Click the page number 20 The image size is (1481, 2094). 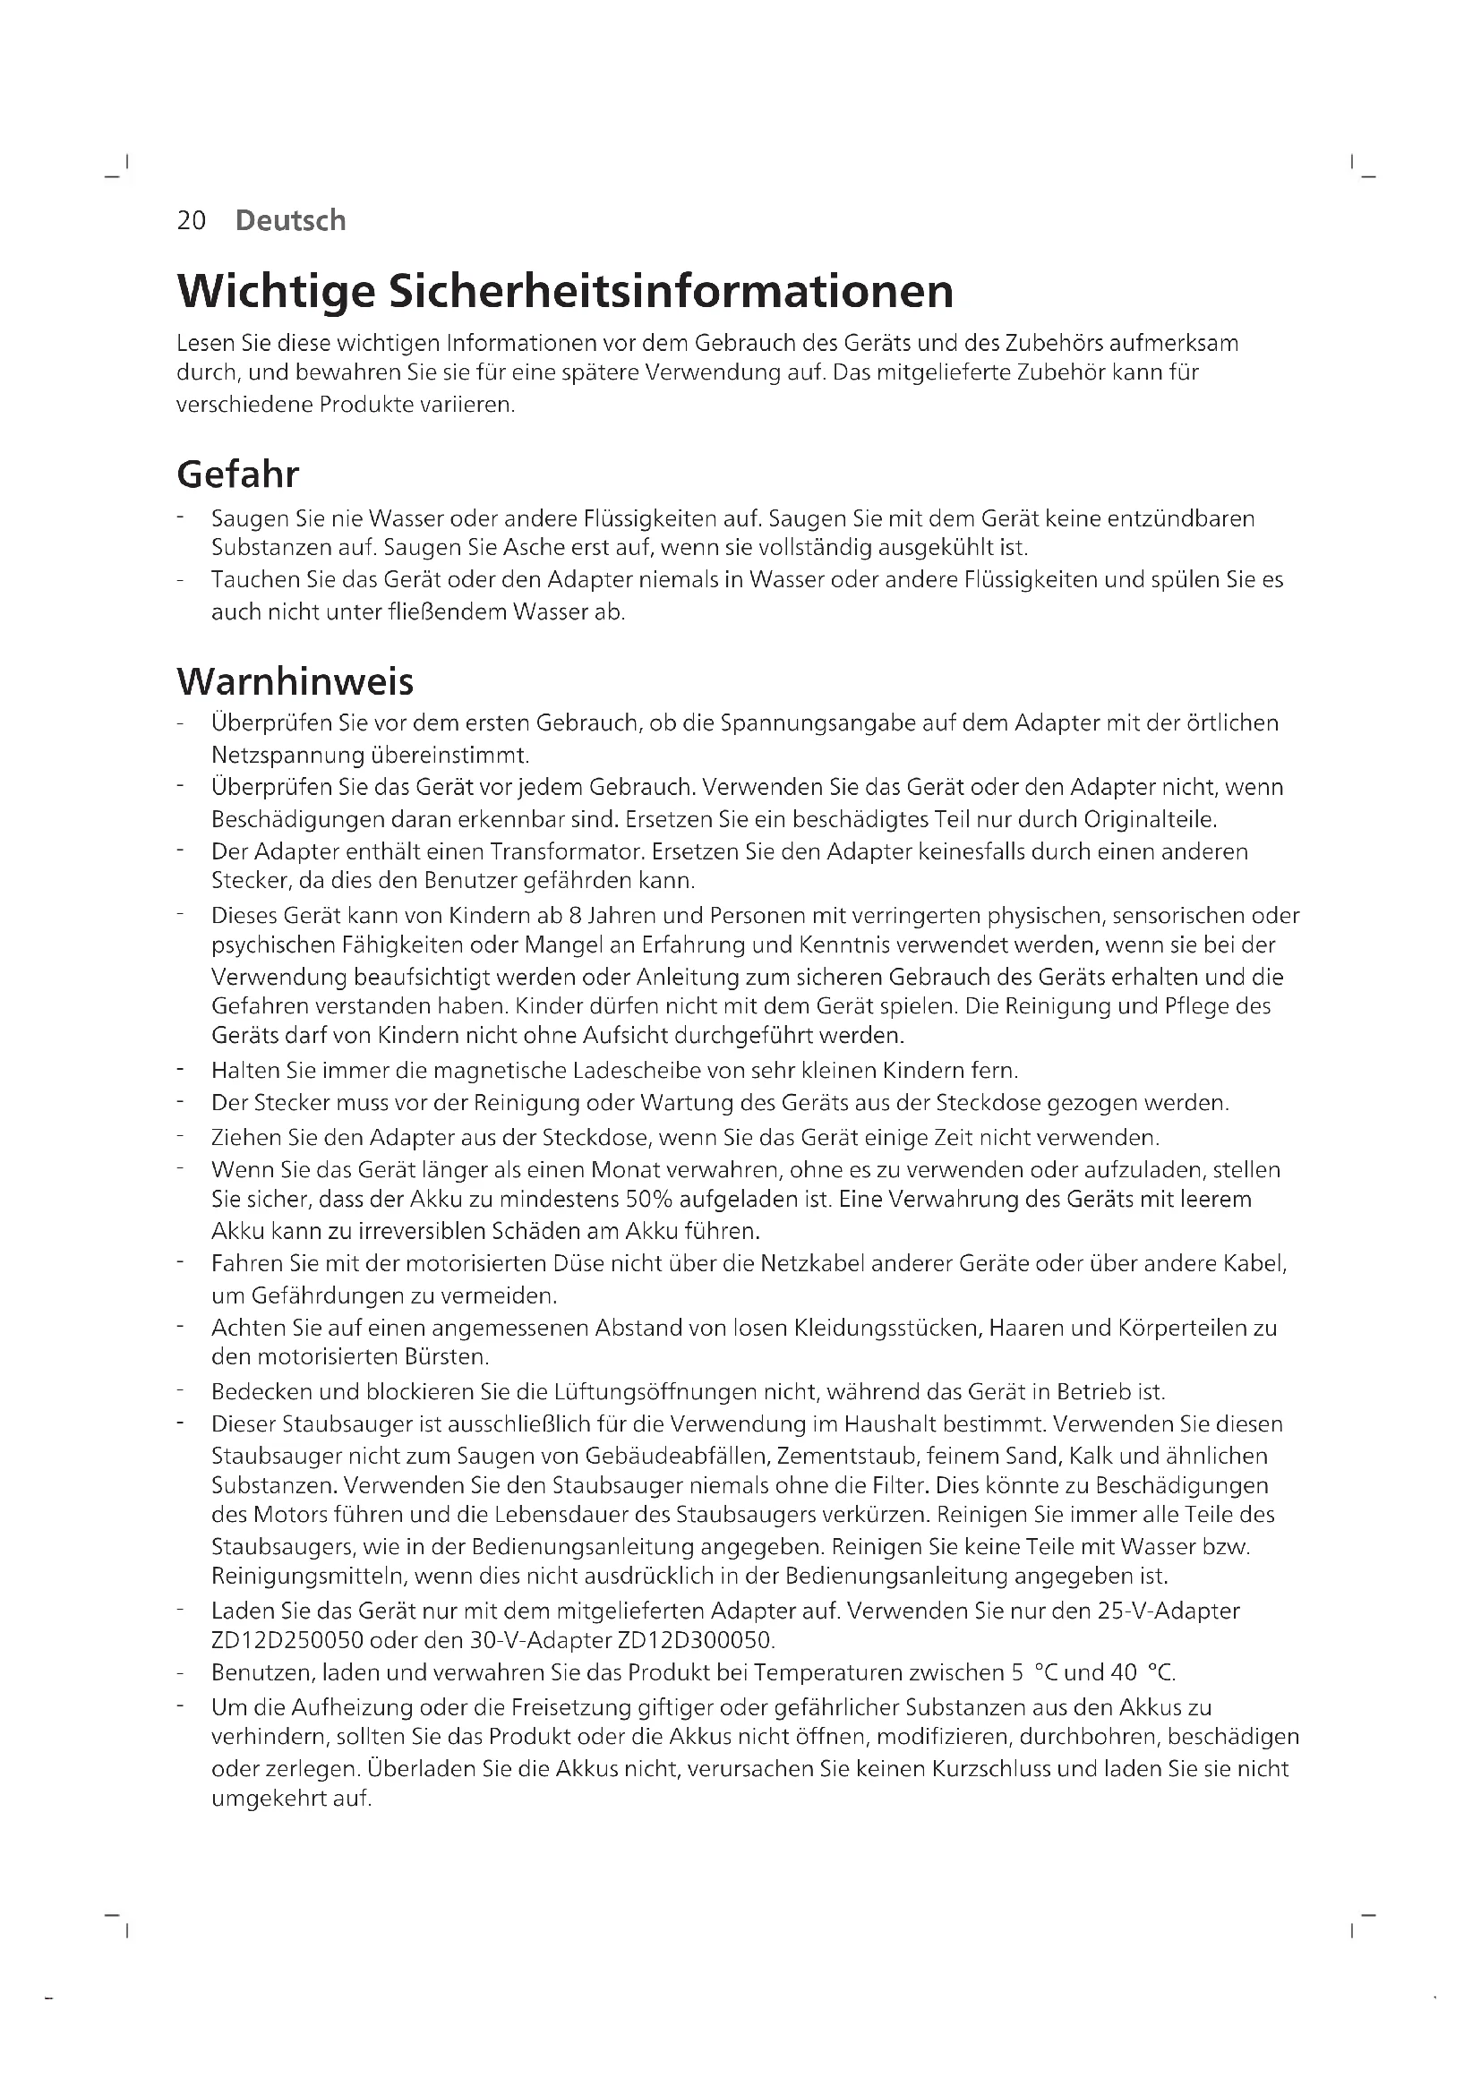pyautogui.click(x=192, y=221)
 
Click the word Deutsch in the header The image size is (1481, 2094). pyautogui.click(x=290, y=221)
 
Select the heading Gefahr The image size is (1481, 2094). pyautogui.click(x=237, y=474)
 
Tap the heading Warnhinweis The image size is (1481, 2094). pyautogui.click(x=295, y=681)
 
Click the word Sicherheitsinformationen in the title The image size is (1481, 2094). pyautogui.click(x=672, y=291)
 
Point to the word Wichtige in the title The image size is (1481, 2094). pyautogui.click(x=276, y=291)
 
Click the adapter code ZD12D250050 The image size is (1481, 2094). pyautogui.click(x=287, y=1641)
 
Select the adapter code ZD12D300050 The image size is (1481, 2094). pyautogui.click(x=695, y=1641)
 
